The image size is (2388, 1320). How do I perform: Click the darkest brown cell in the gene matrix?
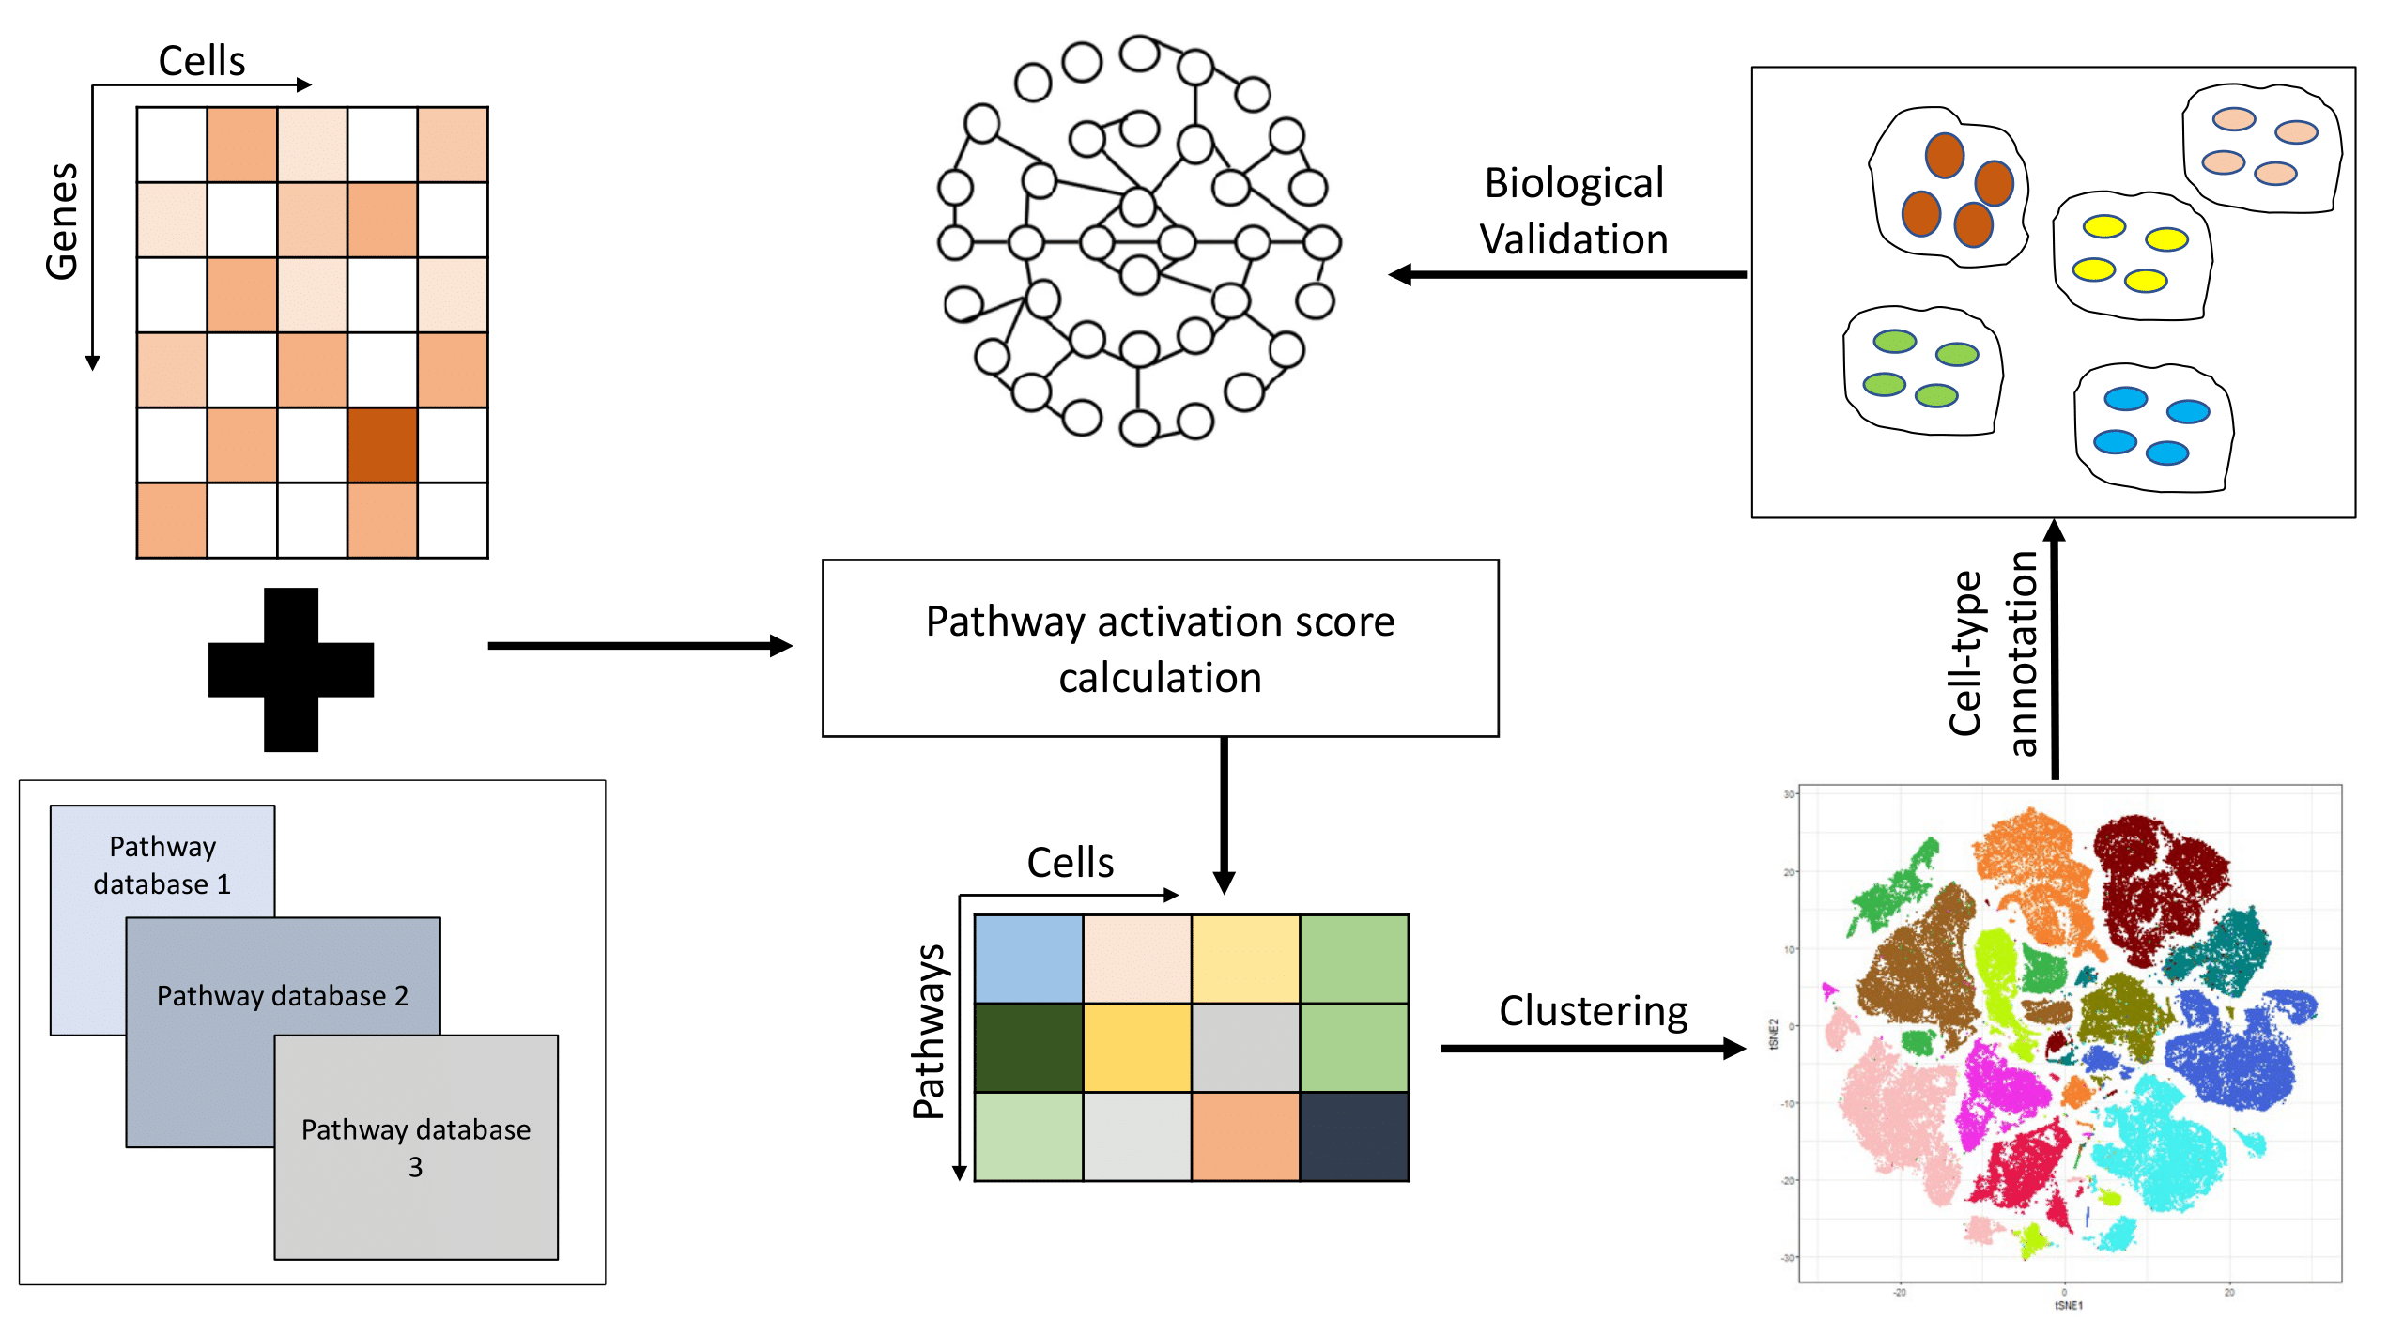point(382,445)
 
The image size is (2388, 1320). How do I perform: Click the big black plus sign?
point(291,669)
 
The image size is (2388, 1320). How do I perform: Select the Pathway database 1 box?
point(162,865)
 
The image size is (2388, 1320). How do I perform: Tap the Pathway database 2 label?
point(283,996)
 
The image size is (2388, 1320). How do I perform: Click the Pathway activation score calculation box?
point(1160,649)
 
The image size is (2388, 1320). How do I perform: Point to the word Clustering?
point(1593,1011)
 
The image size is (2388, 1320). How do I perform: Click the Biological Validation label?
point(1574,211)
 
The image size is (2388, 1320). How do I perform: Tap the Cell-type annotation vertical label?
point(1993,653)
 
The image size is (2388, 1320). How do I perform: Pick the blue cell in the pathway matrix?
point(1028,959)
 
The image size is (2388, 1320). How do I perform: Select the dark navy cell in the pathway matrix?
point(1354,1137)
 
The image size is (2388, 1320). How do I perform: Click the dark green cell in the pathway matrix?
point(1028,1048)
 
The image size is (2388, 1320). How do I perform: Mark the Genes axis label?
point(62,222)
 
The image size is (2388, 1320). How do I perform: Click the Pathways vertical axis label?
point(929,1032)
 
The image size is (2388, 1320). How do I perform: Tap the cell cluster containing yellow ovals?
point(2133,256)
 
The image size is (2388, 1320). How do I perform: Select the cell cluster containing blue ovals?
point(2152,428)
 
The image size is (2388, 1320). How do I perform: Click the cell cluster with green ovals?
point(1921,371)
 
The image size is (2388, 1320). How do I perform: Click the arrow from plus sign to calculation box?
point(639,646)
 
